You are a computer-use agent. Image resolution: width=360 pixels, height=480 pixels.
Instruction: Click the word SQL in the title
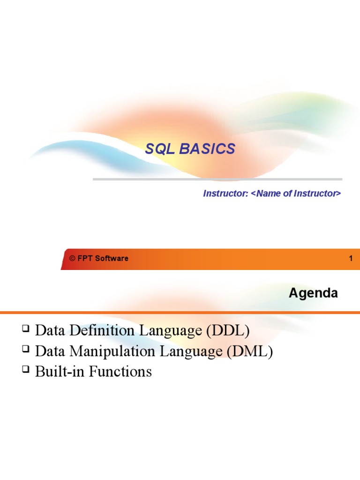[159, 149]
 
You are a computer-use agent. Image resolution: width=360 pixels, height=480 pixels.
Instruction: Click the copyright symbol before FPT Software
[72, 258]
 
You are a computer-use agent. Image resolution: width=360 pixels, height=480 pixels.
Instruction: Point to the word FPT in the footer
[85, 258]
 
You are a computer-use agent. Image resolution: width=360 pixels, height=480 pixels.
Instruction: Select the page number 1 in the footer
[350, 258]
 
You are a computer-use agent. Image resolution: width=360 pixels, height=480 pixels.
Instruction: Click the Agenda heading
[313, 293]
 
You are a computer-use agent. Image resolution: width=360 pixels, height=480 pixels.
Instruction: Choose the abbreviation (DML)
[249, 351]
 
